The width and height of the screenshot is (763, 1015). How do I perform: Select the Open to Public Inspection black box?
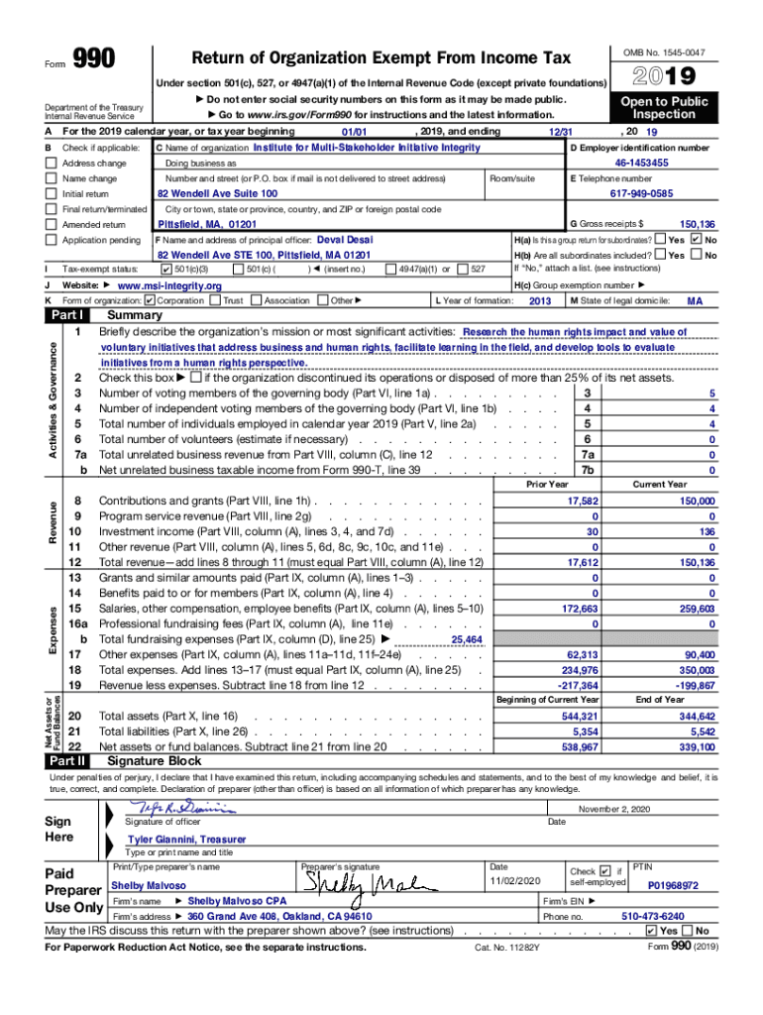[665, 108]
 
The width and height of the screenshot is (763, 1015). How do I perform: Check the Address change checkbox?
[51, 163]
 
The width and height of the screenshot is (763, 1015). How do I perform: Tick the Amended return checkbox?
[51, 225]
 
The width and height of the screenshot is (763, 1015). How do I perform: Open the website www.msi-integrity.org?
[169, 285]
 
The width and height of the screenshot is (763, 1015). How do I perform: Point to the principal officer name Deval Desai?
[346, 240]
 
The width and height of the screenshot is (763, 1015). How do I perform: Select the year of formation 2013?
[540, 300]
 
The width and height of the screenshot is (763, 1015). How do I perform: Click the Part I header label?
[66, 315]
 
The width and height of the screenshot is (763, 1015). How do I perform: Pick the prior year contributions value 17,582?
[582, 502]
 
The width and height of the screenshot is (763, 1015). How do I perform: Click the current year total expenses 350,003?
[698, 670]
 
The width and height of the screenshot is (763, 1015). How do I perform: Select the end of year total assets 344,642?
[698, 716]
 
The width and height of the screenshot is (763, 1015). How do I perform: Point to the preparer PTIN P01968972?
[673, 885]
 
